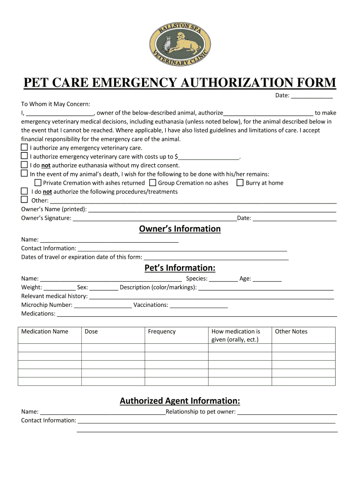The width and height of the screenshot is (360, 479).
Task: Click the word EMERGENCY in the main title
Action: [x=138, y=83]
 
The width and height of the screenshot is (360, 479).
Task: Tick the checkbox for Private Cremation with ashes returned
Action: [x=38, y=182]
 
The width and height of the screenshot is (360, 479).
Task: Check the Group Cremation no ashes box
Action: [x=152, y=182]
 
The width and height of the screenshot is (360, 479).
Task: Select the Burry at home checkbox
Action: [x=240, y=182]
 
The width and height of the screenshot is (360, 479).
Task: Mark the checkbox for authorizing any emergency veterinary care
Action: [x=24, y=147]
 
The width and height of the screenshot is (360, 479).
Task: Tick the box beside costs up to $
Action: [x=24, y=156]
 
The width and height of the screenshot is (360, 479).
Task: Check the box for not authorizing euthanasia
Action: [x=24, y=165]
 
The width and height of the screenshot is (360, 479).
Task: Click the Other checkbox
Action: [x=24, y=200]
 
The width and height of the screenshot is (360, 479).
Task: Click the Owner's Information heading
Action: [x=180, y=229]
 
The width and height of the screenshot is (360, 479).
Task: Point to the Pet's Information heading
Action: [x=180, y=268]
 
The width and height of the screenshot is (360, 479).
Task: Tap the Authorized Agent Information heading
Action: [x=180, y=401]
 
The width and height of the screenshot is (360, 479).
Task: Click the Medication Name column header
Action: [x=45, y=332]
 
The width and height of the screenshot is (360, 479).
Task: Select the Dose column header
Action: [x=91, y=332]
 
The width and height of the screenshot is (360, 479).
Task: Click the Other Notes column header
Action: [x=291, y=332]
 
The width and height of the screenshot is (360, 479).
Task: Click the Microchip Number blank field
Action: [x=103, y=305]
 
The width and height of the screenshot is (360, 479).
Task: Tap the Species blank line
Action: [x=223, y=279]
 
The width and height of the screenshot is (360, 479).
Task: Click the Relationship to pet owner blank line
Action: [x=287, y=412]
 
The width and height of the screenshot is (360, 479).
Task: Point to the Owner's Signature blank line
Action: [x=155, y=218]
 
